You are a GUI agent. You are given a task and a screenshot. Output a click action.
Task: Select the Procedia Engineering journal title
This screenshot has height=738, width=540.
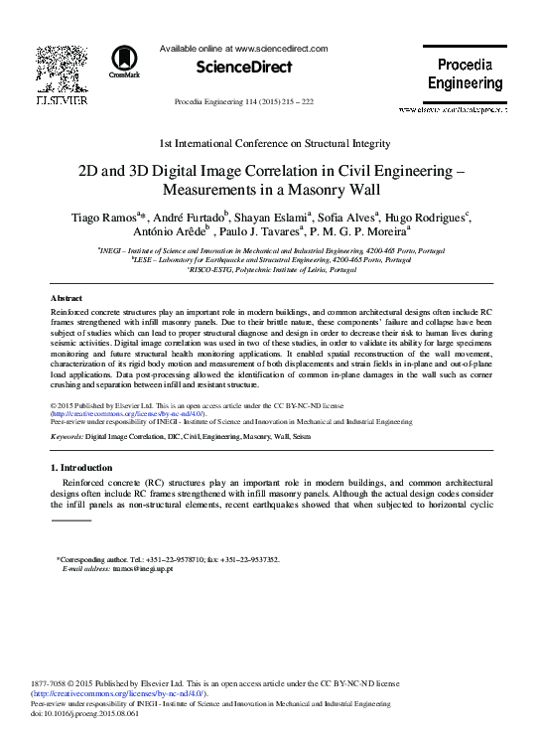(x=465, y=74)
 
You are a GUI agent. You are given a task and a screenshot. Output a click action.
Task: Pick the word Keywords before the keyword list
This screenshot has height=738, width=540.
(x=67, y=436)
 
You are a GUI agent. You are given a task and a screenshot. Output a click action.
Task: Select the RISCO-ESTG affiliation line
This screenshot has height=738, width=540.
(x=271, y=270)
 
